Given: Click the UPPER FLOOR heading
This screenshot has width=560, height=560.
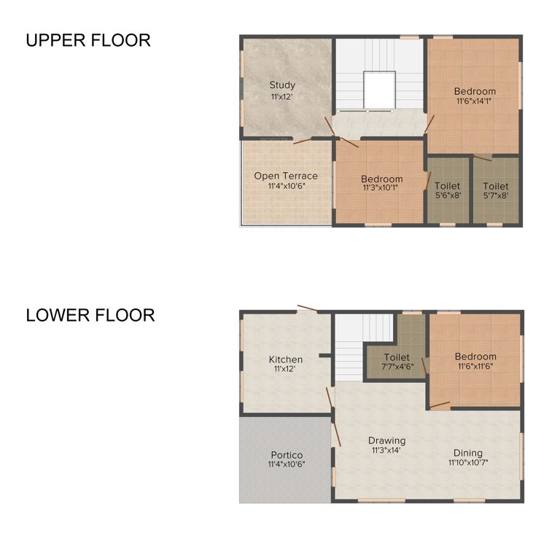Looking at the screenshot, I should (88, 40).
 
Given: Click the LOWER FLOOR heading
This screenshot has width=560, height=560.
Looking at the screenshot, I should (90, 315).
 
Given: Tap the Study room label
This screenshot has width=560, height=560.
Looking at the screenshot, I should (282, 85).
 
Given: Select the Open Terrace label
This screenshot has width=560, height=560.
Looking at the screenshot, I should (286, 176).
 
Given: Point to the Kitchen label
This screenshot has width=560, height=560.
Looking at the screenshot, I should (286, 359).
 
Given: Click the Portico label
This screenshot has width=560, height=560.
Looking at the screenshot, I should (286, 455).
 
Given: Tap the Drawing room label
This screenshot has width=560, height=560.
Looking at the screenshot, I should (386, 440).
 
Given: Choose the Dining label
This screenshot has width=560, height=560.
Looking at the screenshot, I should (467, 452).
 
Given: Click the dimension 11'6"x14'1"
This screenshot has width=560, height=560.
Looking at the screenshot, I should (474, 101).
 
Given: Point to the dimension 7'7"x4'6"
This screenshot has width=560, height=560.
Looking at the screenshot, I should (397, 367).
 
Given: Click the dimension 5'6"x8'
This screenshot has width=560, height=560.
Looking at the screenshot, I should (448, 195).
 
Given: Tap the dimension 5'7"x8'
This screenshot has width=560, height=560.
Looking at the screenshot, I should (496, 195).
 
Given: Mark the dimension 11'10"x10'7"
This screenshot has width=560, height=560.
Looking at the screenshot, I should (467, 462).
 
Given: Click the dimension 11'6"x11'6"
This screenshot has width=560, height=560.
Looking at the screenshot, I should (475, 366).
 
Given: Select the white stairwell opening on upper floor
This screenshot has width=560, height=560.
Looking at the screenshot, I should (379, 90).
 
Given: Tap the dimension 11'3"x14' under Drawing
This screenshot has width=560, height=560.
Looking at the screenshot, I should (386, 451).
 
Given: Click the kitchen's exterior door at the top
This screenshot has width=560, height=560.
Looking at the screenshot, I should (306, 308).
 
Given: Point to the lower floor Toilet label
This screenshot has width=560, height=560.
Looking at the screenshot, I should (397, 357).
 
